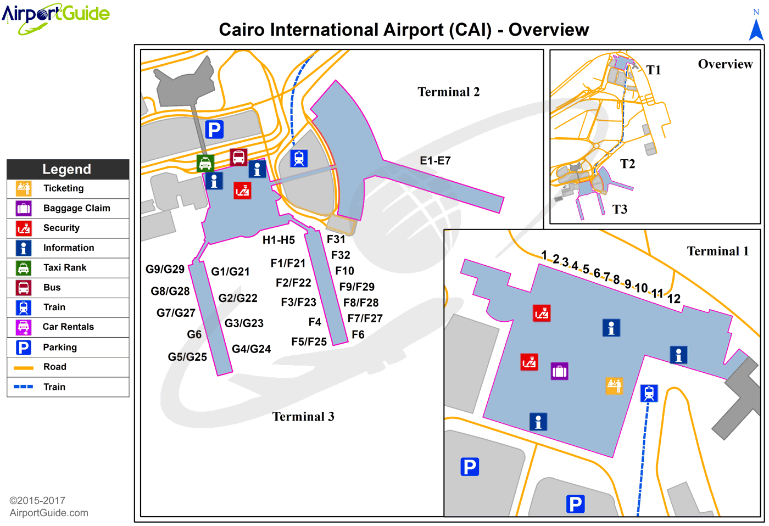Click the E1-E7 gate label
point(435,160)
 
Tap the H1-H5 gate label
point(278,240)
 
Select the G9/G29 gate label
point(165,269)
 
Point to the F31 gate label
point(336,239)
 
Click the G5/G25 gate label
point(187,357)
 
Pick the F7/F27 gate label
point(365,318)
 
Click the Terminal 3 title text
point(303,417)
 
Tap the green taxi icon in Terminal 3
point(205,163)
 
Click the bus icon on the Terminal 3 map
point(238,157)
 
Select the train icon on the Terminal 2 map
point(299,158)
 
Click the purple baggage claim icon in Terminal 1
point(559,371)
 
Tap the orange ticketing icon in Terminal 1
point(614,385)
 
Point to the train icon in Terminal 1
point(649,393)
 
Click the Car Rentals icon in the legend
point(24,327)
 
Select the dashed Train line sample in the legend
point(24,387)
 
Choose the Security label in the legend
point(62,228)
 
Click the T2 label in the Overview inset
point(627,164)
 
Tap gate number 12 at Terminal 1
point(674,299)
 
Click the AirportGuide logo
point(55,16)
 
